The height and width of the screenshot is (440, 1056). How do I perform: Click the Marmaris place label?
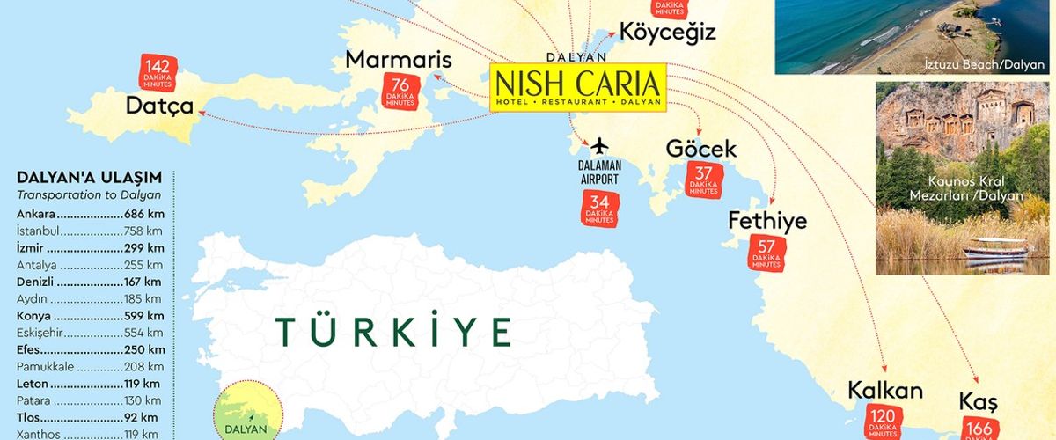pyautogui.click(x=398, y=59)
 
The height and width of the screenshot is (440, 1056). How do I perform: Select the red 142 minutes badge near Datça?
pyautogui.click(x=158, y=72)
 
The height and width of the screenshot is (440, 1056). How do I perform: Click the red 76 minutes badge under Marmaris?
pyautogui.click(x=400, y=92)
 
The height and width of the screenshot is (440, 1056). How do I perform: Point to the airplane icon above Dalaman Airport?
pyautogui.click(x=599, y=144)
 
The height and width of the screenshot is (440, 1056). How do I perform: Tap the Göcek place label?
pyautogui.click(x=700, y=148)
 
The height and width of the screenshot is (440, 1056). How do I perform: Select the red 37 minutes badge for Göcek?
pyautogui.click(x=703, y=180)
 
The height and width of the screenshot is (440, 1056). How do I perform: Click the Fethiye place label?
pyautogui.click(x=767, y=221)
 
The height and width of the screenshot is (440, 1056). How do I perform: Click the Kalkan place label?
pyautogui.click(x=884, y=390)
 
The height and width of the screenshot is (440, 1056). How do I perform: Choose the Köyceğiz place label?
pyautogui.click(x=667, y=32)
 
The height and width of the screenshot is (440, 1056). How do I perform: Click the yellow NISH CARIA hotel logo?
pyautogui.click(x=577, y=86)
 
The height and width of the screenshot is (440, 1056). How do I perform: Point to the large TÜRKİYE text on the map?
pyautogui.click(x=394, y=332)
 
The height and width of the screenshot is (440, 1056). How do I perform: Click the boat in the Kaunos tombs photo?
pyautogui.click(x=994, y=248)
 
